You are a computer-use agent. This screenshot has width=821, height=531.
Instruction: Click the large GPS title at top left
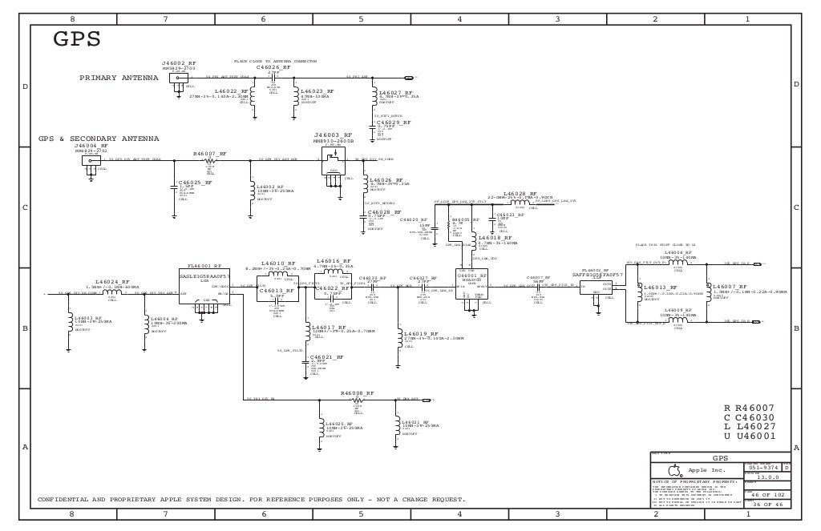[77, 39]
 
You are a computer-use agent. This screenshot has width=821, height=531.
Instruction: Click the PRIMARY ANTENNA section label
[119, 78]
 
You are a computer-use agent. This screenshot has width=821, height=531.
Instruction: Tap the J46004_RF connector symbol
[87, 160]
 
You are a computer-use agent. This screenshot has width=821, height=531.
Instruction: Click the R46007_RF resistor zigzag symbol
[210, 159]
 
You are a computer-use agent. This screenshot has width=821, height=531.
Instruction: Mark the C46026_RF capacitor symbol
[273, 78]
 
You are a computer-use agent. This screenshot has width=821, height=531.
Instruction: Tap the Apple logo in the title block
[675, 469]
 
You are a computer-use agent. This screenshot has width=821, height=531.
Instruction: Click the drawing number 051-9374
[763, 467]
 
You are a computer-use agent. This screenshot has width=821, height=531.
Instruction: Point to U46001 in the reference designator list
[750, 436]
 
